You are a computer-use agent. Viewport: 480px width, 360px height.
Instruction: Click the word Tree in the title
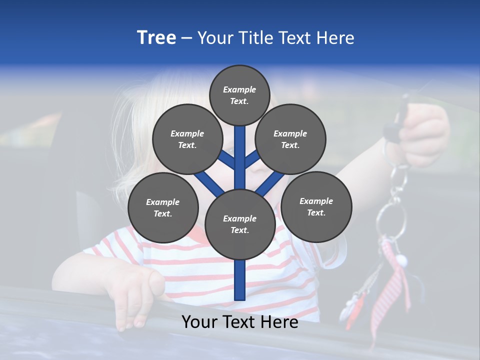pos(156,38)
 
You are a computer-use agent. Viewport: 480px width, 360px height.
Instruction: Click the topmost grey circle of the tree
pos(239,95)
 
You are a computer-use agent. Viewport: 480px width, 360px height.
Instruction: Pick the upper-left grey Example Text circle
pos(187,139)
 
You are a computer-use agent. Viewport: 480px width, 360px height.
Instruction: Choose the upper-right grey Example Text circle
pos(290,139)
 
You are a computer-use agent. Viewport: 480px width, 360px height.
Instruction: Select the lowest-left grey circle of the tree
pos(163,207)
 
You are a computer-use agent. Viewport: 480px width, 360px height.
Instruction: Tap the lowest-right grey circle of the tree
pos(316,206)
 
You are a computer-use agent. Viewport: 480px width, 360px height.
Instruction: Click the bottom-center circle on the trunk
pos(240,224)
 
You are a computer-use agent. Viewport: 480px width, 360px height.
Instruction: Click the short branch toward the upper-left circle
pos(228,161)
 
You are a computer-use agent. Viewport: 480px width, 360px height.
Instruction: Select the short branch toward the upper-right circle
pos(252,160)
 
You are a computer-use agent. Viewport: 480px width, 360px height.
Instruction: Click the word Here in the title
pos(334,38)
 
